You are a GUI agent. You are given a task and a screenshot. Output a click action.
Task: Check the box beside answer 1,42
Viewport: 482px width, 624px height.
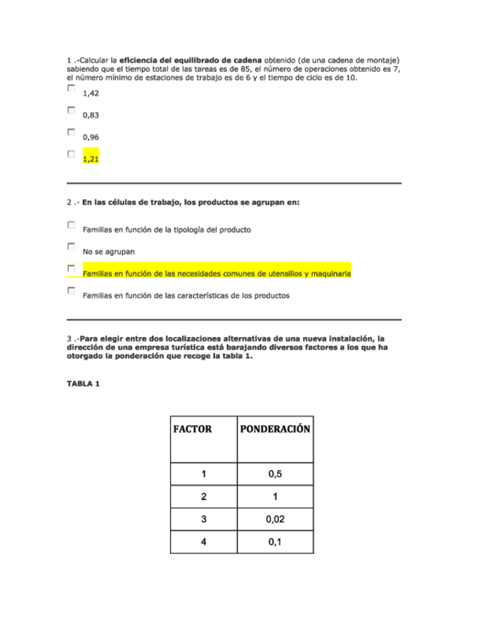[71, 88]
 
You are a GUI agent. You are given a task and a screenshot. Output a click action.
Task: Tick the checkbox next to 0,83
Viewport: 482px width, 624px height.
[71, 110]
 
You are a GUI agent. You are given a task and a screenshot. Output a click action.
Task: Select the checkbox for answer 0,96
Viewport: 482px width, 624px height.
[71, 132]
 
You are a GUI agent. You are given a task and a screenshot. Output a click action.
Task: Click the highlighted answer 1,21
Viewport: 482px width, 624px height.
[91, 158]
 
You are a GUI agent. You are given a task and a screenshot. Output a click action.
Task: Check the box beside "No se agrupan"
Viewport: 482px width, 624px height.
[71, 247]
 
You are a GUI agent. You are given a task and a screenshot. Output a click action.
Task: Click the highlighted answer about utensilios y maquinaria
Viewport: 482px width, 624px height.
[216, 274]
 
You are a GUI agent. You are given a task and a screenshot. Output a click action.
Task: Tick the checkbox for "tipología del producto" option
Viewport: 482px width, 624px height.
[71, 224]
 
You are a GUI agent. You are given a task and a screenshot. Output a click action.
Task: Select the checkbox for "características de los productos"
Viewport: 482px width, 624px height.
[71, 291]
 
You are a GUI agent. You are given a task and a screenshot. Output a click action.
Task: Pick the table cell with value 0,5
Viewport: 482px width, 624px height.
[274, 474]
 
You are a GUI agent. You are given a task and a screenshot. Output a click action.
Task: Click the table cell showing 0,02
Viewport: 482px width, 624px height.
[274, 520]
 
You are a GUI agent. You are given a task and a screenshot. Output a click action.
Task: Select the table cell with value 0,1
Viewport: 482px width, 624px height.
[274, 543]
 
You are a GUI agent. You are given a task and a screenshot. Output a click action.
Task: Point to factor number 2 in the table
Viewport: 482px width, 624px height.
[204, 497]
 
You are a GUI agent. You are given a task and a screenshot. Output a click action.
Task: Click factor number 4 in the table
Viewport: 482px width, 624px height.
[204, 543]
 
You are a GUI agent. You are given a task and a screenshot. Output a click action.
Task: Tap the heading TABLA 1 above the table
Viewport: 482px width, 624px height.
[83, 383]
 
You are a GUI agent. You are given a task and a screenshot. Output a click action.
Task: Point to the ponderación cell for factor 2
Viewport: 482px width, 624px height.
[274, 497]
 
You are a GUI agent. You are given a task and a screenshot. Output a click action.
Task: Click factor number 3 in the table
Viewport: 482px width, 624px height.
[204, 520]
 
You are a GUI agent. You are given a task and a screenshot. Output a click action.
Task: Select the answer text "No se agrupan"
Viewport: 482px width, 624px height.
[103, 252]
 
